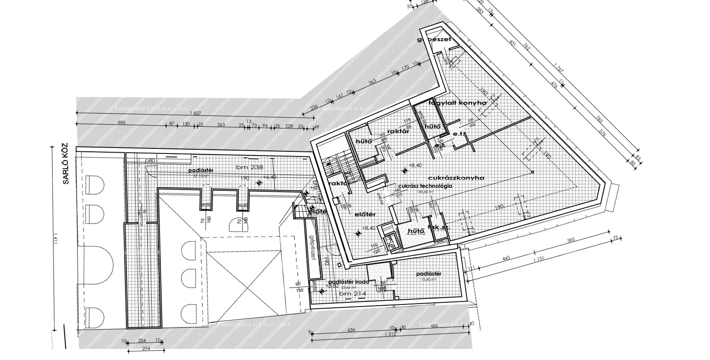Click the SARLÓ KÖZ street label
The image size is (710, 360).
65,165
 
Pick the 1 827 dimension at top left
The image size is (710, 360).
196,113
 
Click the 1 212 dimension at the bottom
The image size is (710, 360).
391,334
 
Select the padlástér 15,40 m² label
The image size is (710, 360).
429,276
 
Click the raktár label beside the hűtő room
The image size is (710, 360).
398,131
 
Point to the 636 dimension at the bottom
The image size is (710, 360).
351,329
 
